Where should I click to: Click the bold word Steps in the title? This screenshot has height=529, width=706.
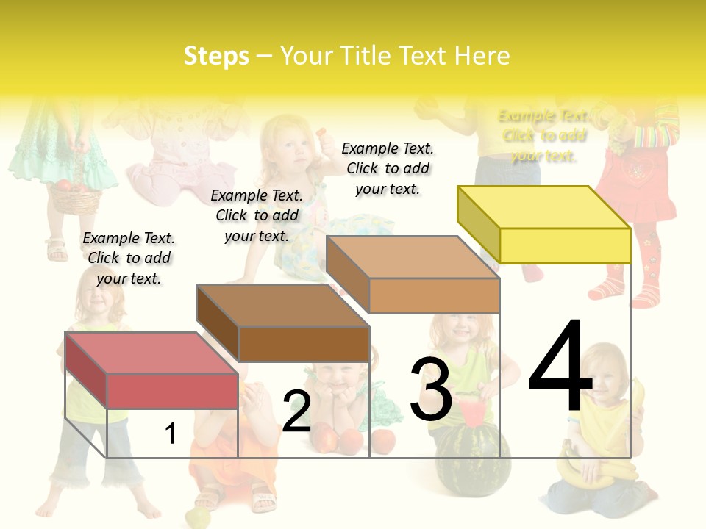click(216, 56)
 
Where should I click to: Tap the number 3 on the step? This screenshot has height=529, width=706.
click(430, 389)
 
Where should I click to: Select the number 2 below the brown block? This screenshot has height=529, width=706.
click(296, 411)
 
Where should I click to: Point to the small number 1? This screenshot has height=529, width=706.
click(170, 433)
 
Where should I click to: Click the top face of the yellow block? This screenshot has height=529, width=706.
click(543, 207)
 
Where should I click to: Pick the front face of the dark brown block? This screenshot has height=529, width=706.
click(304, 344)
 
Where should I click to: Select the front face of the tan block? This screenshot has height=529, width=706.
click(434, 295)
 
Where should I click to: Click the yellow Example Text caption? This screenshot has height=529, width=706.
click(543, 135)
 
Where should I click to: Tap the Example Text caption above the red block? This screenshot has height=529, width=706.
click(129, 258)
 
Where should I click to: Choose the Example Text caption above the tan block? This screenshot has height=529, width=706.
click(388, 168)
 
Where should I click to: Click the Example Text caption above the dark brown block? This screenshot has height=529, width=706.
click(257, 215)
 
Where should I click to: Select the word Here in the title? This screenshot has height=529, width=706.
click(482, 56)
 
